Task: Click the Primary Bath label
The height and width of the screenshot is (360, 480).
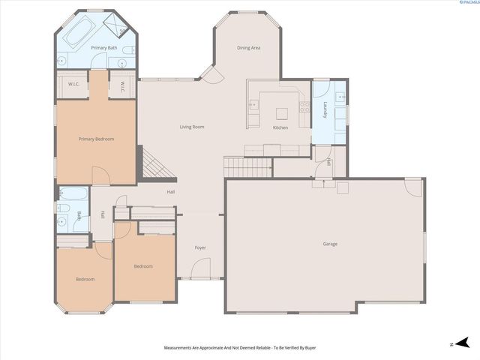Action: click(x=103, y=48)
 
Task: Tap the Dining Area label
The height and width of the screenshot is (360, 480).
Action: click(x=248, y=48)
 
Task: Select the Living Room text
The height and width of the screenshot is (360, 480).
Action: click(x=192, y=127)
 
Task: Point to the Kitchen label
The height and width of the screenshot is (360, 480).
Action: click(x=280, y=127)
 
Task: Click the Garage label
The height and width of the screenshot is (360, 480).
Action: click(x=330, y=244)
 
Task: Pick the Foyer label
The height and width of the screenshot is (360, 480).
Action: click(x=200, y=247)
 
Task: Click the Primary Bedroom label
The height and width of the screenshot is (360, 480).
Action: click(x=96, y=139)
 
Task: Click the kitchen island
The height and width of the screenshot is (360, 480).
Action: click(x=281, y=114)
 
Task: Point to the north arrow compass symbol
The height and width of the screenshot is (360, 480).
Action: click(x=460, y=343)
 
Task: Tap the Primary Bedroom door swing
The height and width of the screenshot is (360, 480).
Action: click(x=100, y=175)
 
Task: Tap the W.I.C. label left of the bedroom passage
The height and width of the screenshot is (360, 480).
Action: click(x=74, y=84)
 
